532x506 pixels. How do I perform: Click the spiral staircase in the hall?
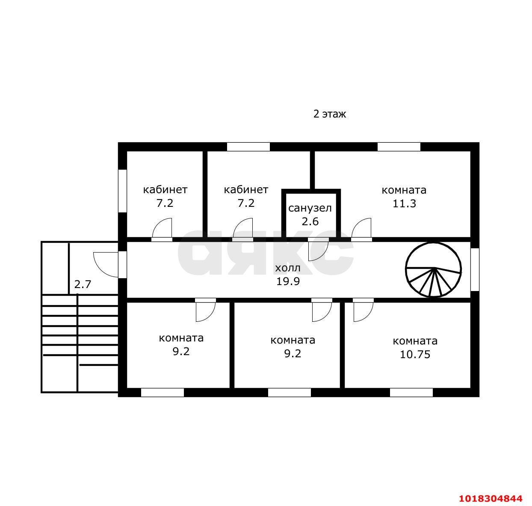(433, 270)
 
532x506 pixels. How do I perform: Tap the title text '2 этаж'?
(330, 114)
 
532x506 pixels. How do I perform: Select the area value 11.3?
(404, 203)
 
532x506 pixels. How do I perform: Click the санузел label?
(310, 208)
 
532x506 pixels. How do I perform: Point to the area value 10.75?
(415, 354)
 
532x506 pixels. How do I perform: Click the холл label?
(288, 268)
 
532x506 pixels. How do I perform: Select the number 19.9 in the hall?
(288, 281)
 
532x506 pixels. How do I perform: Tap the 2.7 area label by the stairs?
(83, 284)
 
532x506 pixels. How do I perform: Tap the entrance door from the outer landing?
(106, 265)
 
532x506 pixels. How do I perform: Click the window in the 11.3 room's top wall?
(399, 147)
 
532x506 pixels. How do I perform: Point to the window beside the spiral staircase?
(475, 270)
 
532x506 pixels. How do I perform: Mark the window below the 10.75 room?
(411, 393)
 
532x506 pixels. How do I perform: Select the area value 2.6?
(310, 221)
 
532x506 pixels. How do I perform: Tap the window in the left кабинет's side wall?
(123, 191)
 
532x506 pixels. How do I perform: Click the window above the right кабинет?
(248, 147)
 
